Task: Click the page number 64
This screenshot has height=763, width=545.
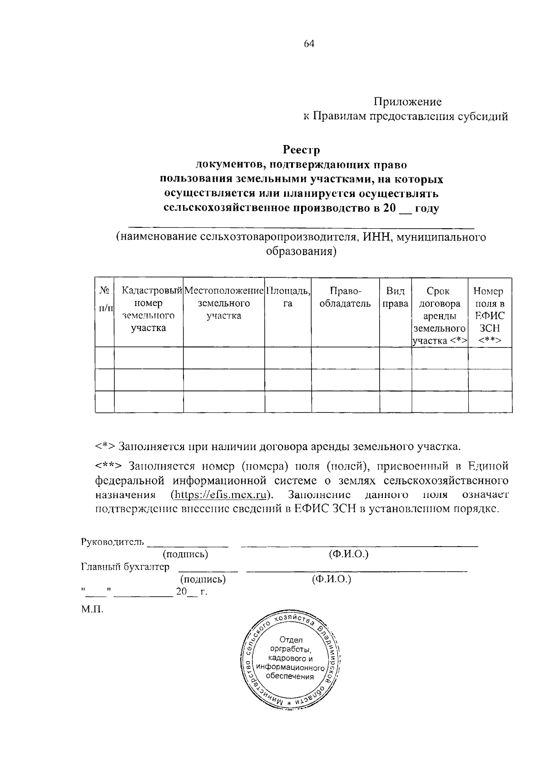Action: pyautogui.click(x=309, y=44)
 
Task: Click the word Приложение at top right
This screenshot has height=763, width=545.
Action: pyautogui.click(x=407, y=102)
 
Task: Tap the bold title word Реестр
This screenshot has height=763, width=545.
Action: pyautogui.click(x=302, y=150)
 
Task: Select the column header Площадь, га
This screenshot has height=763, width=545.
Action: pyautogui.click(x=288, y=297)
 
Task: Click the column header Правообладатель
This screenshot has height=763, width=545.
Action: pyautogui.click(x=345, y=297)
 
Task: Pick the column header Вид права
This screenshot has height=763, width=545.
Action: pyautogui.click(x=395, y=297)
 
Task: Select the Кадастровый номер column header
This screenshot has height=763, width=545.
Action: pyautogui.click(x=149, y=309)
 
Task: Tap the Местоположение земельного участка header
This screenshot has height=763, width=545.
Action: pyautogui.click(x=224, y=303)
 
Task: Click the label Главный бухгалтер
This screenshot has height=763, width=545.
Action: pyautogui.click(x=125, y=567)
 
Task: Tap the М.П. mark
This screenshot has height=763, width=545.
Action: pyautogui.click(x=92, y=609)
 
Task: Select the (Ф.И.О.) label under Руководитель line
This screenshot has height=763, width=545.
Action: pyautogui.click(x=348, y=554)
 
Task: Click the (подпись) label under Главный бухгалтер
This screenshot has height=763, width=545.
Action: pyautogui.click(x=203, y=579)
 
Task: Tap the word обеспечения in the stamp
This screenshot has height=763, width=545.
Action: pyautogui.click(x=290, y=676)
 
